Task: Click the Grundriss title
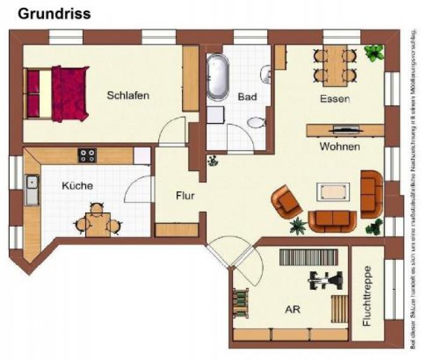tap(54, 14)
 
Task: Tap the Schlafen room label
tap(128, 95)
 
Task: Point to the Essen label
tap(335, 99)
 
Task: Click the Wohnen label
tap(340, 146)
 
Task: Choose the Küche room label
tap(77, 185)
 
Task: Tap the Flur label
tap(184, 195)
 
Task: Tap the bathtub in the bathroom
tap(217, 77)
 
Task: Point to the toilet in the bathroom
tap(256, 122)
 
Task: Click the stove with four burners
tap(87, 155)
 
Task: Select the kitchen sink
tap(32, 190)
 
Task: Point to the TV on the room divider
tap(344, 128)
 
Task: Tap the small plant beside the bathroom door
tap(213, 160)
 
